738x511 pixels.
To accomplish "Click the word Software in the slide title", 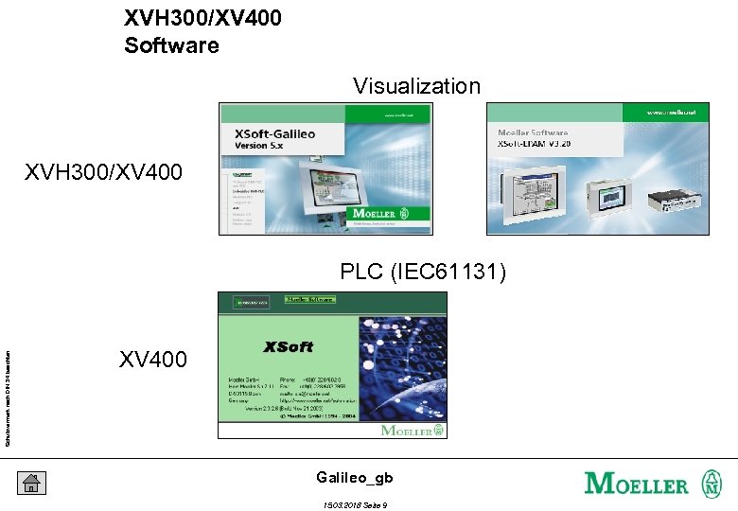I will pyautogui.click(x=171, y=44).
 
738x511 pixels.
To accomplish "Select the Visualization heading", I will pyautogui.click(x=416, y=86).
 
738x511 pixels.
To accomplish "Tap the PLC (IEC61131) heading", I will pyautogui.click(x=423, y=273).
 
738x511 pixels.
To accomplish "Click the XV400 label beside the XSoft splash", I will pyautogui.click(x=153, y=360).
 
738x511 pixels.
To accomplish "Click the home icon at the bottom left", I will pyautogui.click(x=31, y=483).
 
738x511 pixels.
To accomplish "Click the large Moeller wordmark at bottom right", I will pyautogui.click(x=637, y=484).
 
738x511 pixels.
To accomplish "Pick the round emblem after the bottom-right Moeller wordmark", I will pyautogui.click(x=710, y=484).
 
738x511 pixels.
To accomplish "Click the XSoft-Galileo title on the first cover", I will pyautogui.click(x=275, y=135).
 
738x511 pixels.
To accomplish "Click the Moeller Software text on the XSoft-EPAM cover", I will pyautogui.click(x=533, y=133).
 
